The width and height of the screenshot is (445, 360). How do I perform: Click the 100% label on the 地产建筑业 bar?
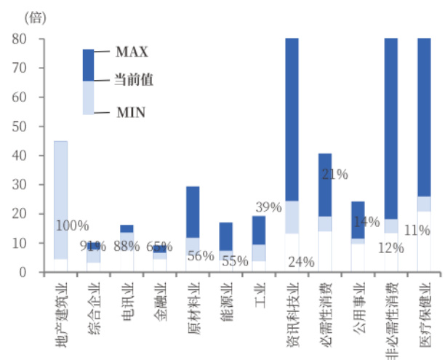72,225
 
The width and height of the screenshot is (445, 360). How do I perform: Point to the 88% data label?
127,246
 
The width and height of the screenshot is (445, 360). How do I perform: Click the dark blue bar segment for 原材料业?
193,211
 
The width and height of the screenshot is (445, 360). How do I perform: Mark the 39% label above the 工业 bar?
268,207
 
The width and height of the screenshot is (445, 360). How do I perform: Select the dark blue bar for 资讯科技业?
292,116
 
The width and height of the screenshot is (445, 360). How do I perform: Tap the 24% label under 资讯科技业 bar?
300,261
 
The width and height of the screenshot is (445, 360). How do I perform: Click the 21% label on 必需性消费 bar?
335,175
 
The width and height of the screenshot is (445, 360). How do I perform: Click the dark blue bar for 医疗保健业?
424,116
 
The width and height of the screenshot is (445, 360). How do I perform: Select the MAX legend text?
132,52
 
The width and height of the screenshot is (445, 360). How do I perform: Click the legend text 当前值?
134,79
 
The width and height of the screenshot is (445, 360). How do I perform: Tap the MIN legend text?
131,112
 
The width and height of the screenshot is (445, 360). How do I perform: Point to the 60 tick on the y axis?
19,97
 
